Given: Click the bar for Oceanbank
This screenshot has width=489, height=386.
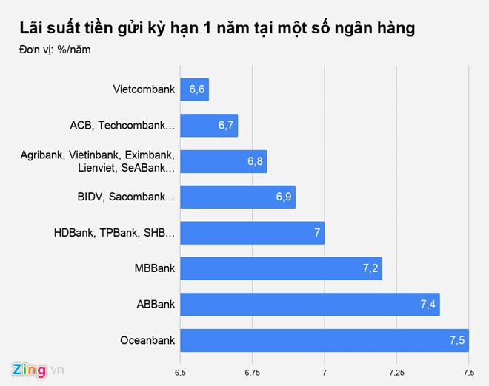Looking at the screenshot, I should click(324, 340).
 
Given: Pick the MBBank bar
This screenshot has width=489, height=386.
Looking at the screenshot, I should click(280, 268).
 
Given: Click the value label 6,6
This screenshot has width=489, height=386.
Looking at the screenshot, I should click(197, 89).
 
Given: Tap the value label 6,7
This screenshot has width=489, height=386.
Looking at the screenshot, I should click(226, 126).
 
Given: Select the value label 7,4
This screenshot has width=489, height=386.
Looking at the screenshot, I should click(428, 305).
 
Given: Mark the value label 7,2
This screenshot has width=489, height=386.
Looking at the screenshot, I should click(370, 268).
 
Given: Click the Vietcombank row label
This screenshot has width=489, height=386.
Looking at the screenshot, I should click(144, 89).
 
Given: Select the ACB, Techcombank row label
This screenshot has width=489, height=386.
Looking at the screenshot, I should click(122, 126).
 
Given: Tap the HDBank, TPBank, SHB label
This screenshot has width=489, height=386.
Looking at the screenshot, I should click(114, 233).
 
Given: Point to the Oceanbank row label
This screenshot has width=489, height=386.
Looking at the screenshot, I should click(147, 340).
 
